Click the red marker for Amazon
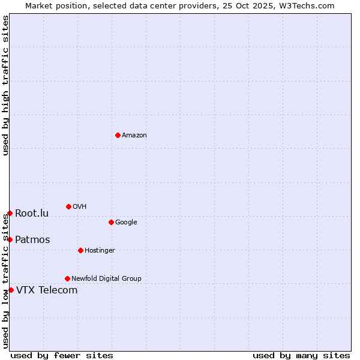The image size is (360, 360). pos(118,135)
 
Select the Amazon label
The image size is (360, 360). pos(134,136)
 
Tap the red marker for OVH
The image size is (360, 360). pos(68,206)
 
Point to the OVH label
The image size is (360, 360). pos(80,207)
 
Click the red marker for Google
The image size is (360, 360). pos(111,222)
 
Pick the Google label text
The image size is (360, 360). pos(126,223)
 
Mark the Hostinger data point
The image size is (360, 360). pos(80,250)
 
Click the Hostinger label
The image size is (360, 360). pos(100,251)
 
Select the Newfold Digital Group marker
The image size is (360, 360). pos(67,278)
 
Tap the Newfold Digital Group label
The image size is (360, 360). pos(106,279)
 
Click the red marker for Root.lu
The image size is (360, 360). pos(10,213)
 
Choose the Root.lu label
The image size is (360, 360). pos(32,214)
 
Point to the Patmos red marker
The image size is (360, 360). pos(10,239)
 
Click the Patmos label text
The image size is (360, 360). pos(32,240)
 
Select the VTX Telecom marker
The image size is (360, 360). pos(11,290)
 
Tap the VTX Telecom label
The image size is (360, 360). pos(47,290)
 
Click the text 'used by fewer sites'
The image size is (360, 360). pos(62,355)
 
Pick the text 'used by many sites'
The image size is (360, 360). pos(301,355)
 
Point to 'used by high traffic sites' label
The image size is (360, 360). pos(5,85)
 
